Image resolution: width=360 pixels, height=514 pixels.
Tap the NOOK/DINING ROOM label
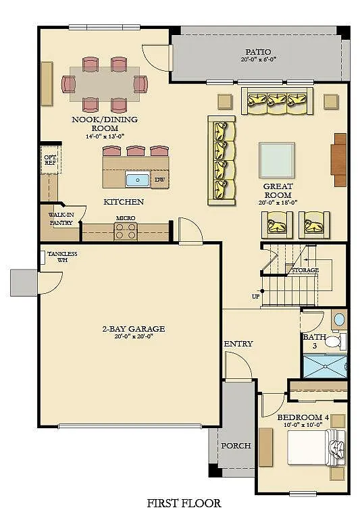point(105,124)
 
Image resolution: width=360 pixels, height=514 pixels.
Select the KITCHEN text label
point(123,201)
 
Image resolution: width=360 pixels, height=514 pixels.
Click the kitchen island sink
point(138,180)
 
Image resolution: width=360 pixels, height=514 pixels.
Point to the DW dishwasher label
point(159,180)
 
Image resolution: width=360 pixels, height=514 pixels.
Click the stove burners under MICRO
point(126,232)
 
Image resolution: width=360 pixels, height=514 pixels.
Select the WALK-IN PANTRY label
point(61,219)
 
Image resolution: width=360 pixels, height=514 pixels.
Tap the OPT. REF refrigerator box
point(50,159)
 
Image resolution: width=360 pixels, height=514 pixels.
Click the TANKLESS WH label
point(62,257)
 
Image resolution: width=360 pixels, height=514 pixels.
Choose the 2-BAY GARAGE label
point(133,329)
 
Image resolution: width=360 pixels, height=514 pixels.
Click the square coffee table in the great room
point(276,159)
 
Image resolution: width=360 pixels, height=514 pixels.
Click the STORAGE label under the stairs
point(305,270)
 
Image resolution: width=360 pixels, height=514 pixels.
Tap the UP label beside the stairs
point(255,297)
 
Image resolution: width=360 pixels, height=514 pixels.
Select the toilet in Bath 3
point(332,342)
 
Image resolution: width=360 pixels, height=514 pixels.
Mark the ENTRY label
point(238,344)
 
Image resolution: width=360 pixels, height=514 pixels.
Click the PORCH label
point(236,446)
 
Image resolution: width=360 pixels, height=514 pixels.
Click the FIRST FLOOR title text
point(184,503)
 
